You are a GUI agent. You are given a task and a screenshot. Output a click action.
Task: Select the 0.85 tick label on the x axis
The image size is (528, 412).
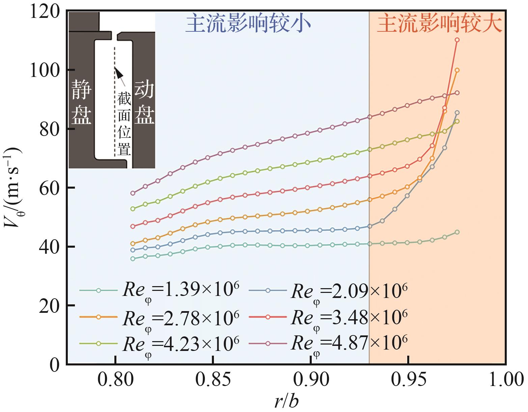click(x=213, y=380)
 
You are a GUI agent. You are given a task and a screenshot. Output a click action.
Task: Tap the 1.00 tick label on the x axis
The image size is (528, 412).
click(x=505, y=380)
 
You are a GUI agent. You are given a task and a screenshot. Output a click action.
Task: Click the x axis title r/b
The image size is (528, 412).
click(x=286, y=402)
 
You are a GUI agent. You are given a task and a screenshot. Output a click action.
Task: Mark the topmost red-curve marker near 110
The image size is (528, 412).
click(x=457, y=40)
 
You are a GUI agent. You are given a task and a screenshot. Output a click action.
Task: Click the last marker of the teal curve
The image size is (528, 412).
click(x=457, y=232)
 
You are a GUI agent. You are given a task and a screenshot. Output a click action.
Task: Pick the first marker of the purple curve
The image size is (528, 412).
click(x=133, y=193)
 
